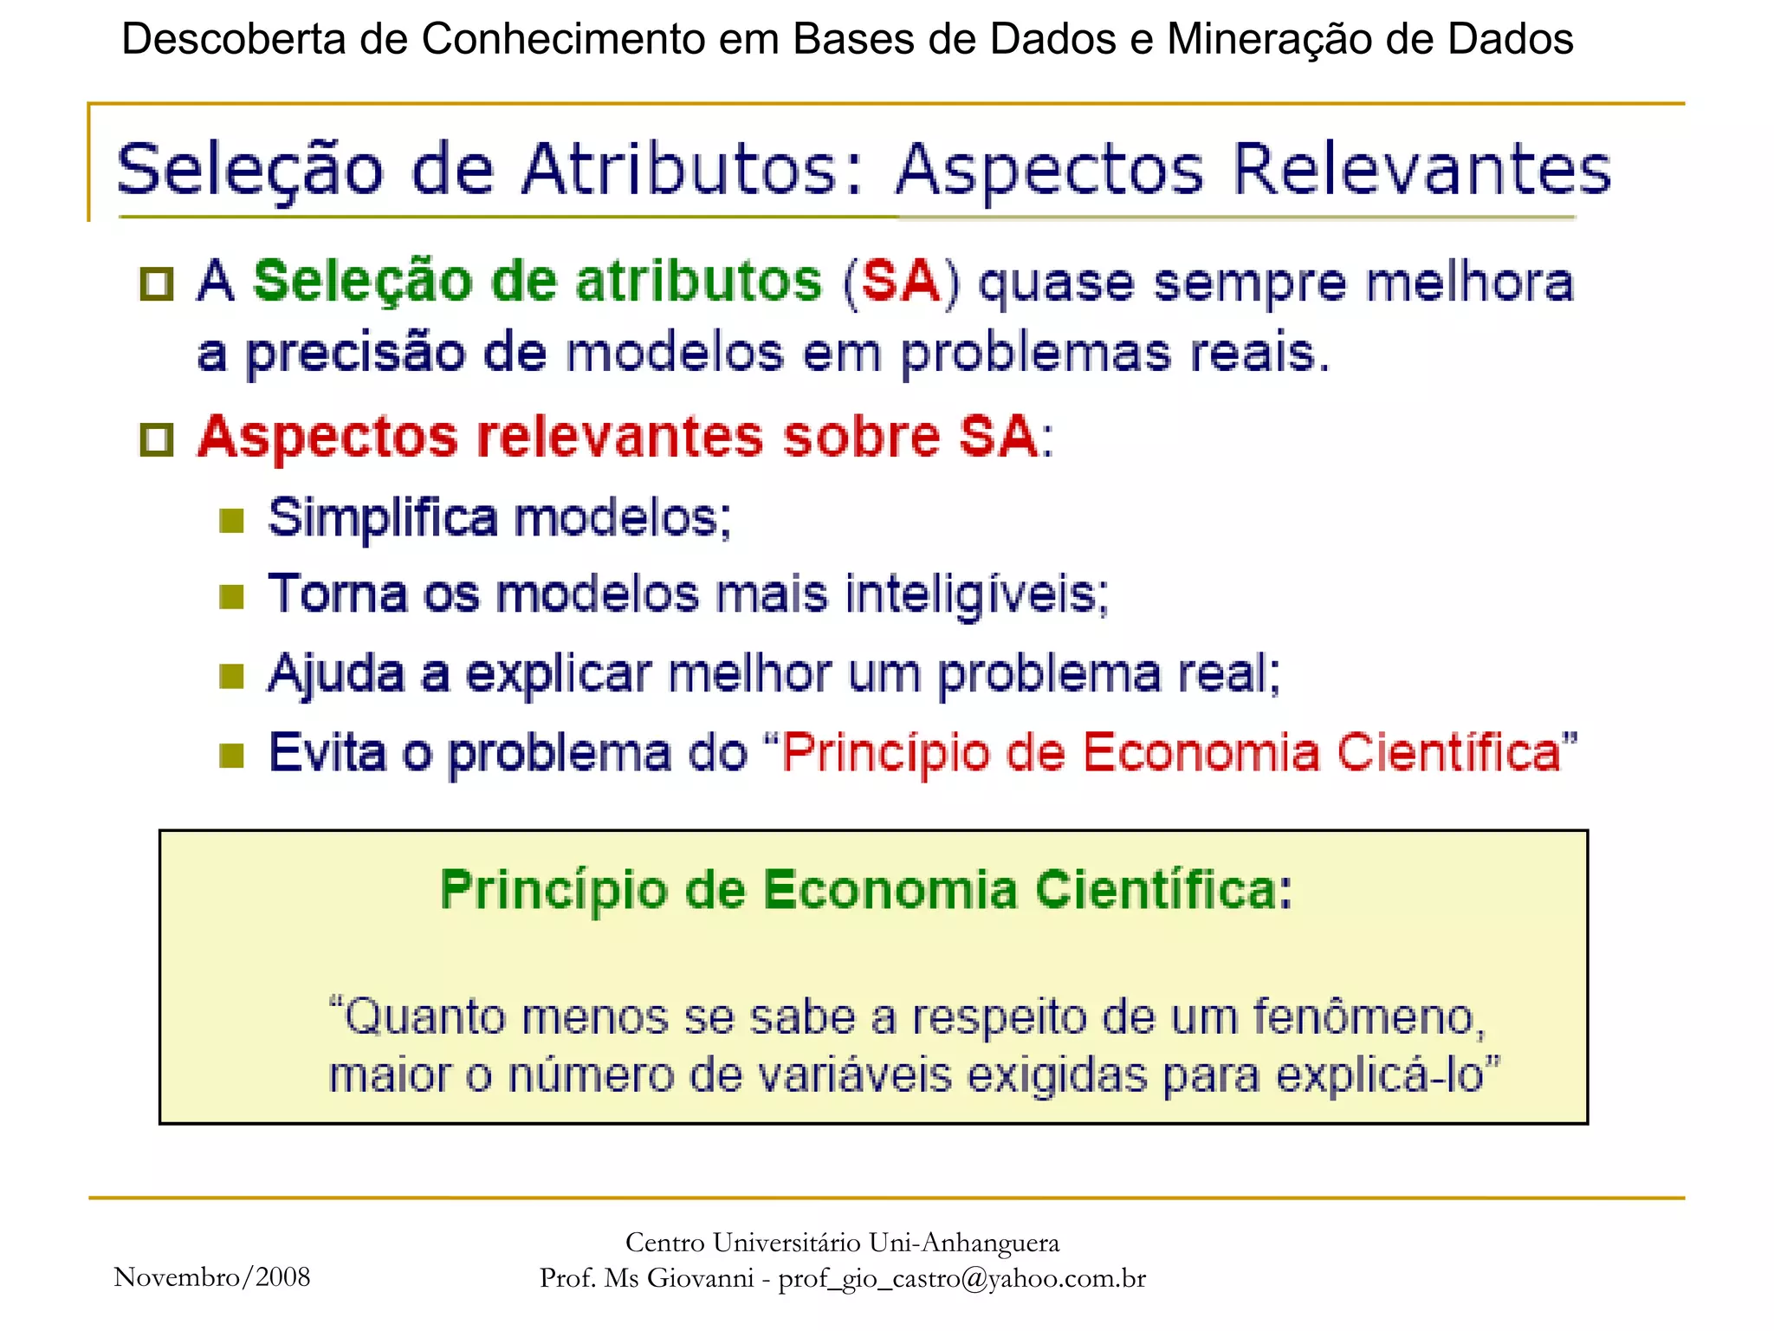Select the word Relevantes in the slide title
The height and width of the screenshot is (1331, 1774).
1421,169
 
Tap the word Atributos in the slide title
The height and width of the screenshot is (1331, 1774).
680,169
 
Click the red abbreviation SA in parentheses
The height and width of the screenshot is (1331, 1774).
901,282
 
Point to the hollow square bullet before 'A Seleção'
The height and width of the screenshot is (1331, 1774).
157,284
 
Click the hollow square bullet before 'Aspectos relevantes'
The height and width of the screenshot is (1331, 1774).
157,439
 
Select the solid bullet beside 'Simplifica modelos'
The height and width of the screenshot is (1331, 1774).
231,521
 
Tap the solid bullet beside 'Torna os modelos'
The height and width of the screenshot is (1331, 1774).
231,597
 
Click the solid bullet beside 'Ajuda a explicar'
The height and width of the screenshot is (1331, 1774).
231,676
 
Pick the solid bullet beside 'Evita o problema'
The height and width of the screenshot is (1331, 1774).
231,755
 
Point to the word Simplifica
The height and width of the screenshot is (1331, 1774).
383,519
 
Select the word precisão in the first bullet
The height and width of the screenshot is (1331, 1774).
355,354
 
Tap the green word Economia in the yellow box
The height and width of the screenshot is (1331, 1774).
890,890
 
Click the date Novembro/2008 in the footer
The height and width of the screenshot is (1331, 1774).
212,1277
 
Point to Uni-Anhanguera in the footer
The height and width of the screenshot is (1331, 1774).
964,1243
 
